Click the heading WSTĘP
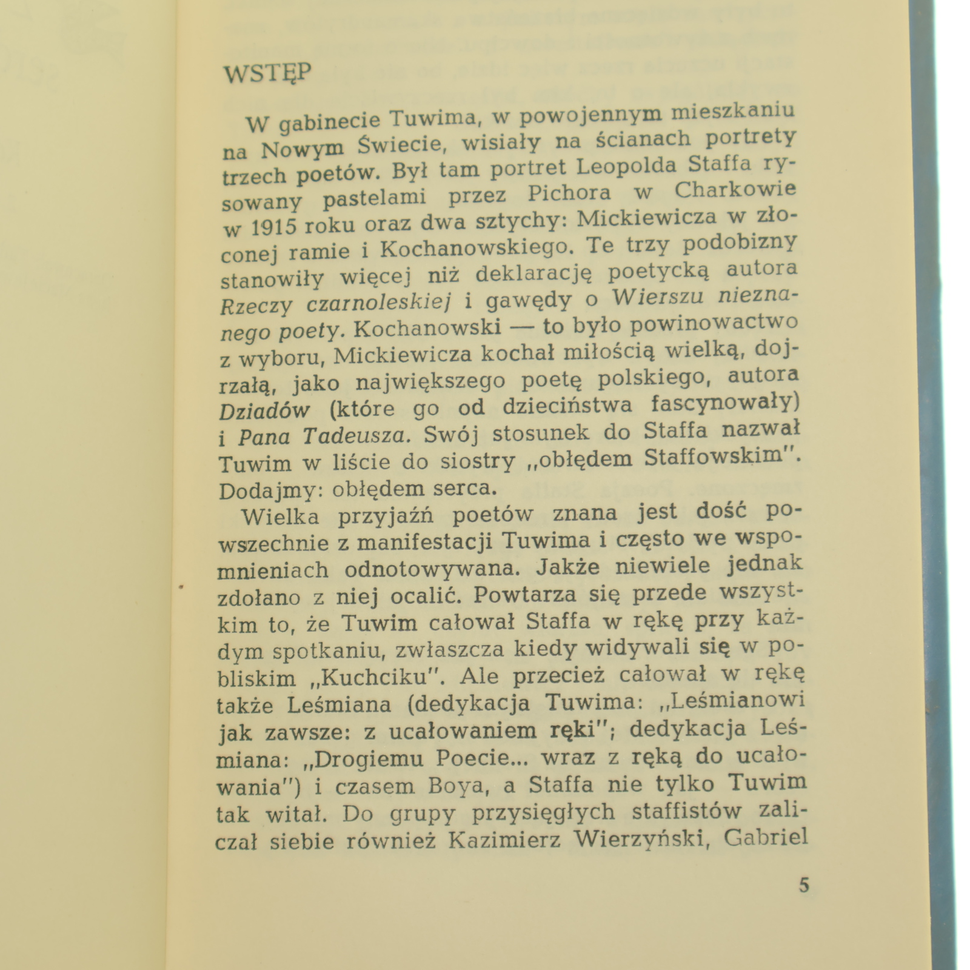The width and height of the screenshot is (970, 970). coord(267,74)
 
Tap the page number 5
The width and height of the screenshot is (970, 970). coord(803,886)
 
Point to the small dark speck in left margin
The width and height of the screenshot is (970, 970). coord(181,586)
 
